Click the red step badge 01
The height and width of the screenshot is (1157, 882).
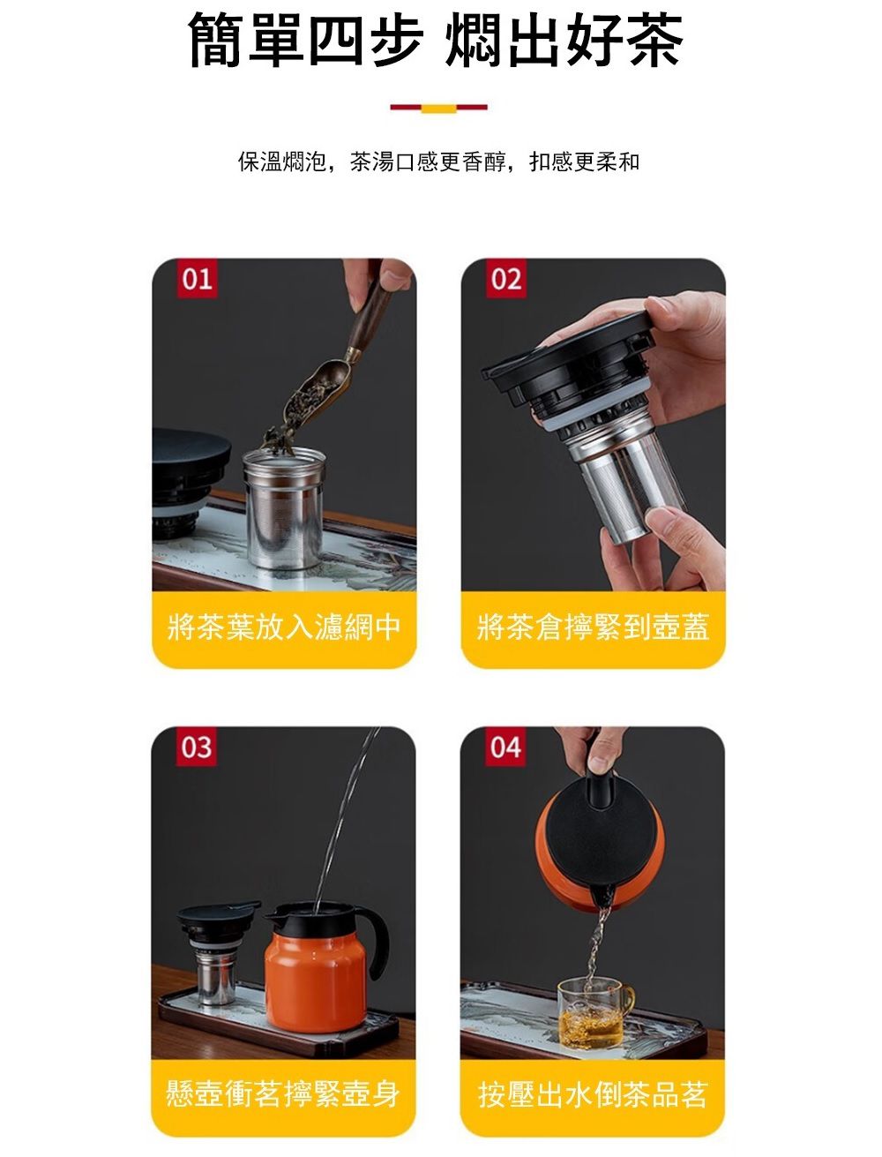point(197,279)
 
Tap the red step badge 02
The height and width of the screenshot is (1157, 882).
point(505,279)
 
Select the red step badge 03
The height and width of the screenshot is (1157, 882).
point(196,747)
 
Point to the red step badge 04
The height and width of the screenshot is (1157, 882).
point(505,747)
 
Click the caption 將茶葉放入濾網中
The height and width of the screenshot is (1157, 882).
point(284,627)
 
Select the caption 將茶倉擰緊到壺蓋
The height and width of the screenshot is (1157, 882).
point(593,627)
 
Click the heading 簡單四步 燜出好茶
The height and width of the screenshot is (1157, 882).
point(436,41)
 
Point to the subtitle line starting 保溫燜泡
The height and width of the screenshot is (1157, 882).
point(438,162)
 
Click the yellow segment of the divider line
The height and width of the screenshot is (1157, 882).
point(438,109)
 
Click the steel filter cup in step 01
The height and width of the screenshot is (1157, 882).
point(284,508)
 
